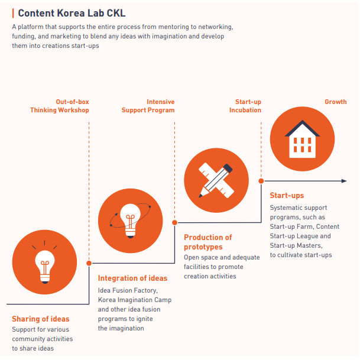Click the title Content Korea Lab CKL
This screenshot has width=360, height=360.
coord(72,12)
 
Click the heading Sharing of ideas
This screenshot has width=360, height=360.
coord(41,319)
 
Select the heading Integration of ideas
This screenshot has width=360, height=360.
coord(132,278)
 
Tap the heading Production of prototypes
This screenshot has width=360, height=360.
coord(207,242)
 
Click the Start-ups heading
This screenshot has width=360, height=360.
coord(287,196)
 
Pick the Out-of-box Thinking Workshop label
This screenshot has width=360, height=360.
coord(60,106)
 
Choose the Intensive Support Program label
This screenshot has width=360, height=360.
coord(148,106)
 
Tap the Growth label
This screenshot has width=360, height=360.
coord(335,102)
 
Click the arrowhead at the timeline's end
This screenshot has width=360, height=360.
coord(344,181)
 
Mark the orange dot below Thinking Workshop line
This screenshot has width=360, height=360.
coord(89,263)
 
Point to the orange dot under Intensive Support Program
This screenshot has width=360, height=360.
coord(175,222)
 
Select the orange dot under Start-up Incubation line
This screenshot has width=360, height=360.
coord(261,181)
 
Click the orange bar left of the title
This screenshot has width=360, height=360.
coord(13,13)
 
